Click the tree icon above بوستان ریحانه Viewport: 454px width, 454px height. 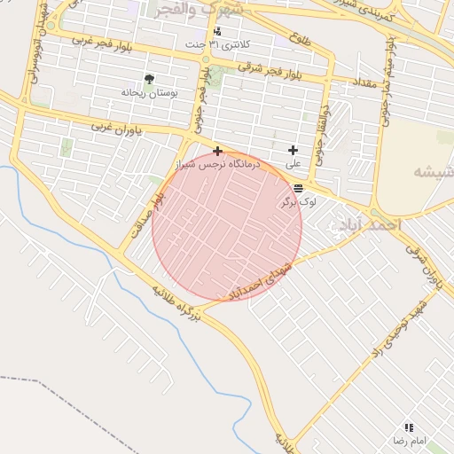click(148, 79)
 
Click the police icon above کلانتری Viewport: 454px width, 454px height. click(217, 32)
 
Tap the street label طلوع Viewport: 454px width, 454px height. click(299, 38)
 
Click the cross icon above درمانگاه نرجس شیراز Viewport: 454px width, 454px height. click(217, 152)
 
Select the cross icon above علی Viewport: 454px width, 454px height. click(293, 151)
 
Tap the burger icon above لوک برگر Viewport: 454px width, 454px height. click(298, 188)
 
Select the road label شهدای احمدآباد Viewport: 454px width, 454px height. click(267, 279)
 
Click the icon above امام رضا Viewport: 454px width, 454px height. click(409, 427)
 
